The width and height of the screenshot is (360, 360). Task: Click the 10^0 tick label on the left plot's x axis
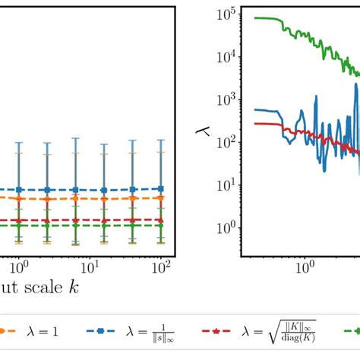point(19,267)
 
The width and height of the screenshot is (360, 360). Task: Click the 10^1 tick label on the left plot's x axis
point(90,267)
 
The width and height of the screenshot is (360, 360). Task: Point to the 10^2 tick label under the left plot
point(161,267)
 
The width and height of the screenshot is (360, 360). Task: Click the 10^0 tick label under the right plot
point(305,267)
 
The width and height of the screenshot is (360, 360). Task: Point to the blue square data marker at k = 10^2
point(160,188)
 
